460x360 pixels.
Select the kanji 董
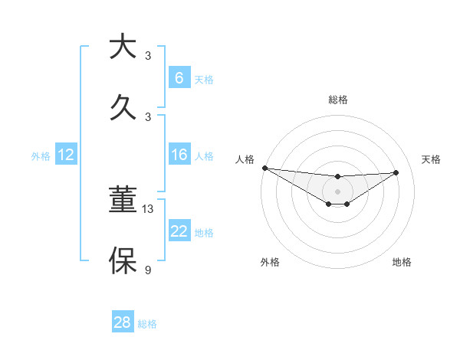pyautogui.click(x=123, y=201)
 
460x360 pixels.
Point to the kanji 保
pyautogui.click(x=123, y=260)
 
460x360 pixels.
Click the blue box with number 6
pyautogui.click(x=179, y=78)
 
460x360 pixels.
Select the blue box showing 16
pyautogui.click(x=179, y=155)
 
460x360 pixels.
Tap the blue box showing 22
pyautogui.click(x=179, y=232)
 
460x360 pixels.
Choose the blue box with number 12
pyautogui.click(x=66, y=155)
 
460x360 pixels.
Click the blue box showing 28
pyautogui.click(x=123, y=322)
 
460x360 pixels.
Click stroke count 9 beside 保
pyautogui.click(x=148, y=270)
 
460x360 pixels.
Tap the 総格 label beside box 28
pyautogui.click(x=147, y=324)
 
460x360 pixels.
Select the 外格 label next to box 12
pyautogui.click(x=41, y=156)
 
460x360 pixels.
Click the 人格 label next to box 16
pyautogui.click(x=204, y=156)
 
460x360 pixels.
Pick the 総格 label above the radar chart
pyautogui.click(x=337, y=100)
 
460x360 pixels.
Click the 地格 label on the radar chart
pyautogui.click(x=402, y=262)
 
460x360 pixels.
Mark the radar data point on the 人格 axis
pyautogui.click(x=264, y=168)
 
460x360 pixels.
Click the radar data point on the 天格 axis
pyautogui.click(x=396, y=172)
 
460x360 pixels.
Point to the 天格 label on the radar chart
pyautogui.click(x=431, y=159)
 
